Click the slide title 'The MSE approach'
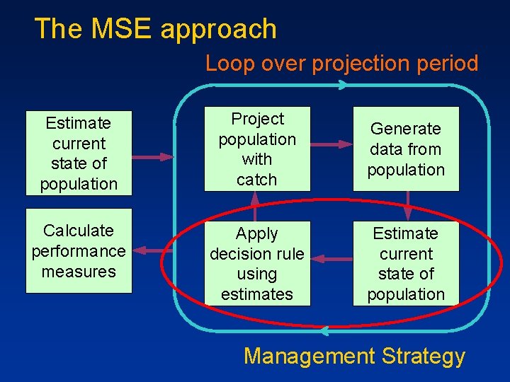155,29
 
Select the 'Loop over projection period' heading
341,64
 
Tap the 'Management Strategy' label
354,356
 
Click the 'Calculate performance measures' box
79,250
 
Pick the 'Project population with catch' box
256,149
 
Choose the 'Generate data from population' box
406,149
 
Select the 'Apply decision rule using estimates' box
256,263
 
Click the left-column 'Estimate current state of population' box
79,154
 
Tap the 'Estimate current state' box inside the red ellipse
406,263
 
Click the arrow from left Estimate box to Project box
153,156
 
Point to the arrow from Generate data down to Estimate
408,206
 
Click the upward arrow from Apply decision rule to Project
254,206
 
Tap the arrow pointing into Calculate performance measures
153,250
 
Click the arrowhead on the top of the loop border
342,85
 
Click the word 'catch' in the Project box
256,180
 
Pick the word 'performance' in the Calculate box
79,251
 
